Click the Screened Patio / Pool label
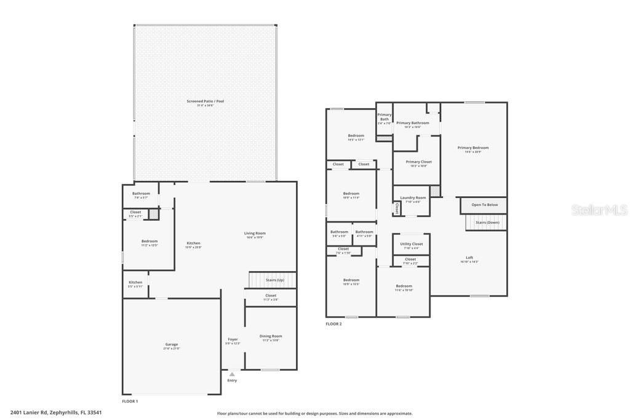click(205, 101)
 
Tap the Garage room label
click(171, 345)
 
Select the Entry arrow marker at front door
click(232, 373)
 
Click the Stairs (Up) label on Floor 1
click(274, 280)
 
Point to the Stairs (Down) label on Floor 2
click(487, 222)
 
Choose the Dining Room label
click(271, 336)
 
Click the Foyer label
click(233, 339)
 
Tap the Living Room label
click(255, 234)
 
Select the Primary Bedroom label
click(473, 148)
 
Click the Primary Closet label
click(418, 162)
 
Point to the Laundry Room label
click(413, 198)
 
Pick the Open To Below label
click(485, 205)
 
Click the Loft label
click(469, 258)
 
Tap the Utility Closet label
click(412, 244)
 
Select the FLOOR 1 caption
click(130, 401)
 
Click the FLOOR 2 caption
click(333, 324)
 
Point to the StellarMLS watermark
click(599, 210)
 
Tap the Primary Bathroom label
click(413, 123)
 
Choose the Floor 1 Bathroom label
click(140, 194)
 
